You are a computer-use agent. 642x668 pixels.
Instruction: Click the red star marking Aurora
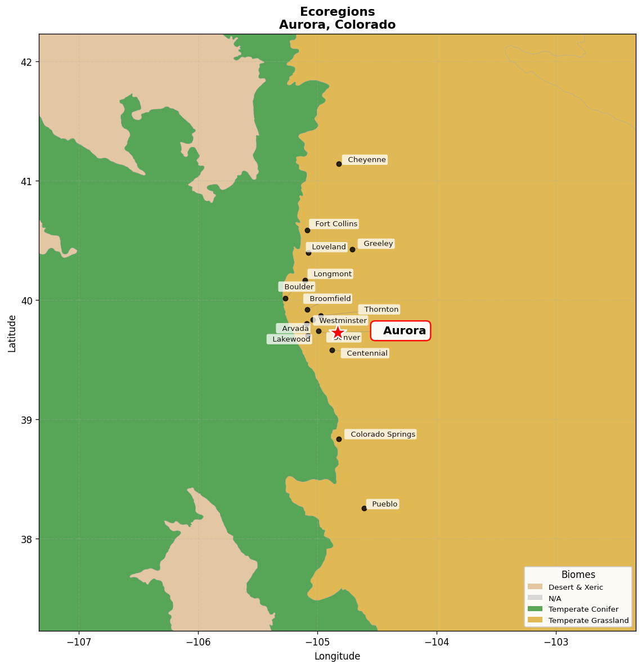pyautogui.click(x=337, y=333)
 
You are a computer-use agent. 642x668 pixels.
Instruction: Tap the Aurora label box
pyautogui.click(x=401, y=331)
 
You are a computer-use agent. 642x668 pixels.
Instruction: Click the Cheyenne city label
pyautogui.click(x=365, y=160)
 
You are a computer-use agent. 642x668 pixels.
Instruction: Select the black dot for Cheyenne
pyautogui.click(x=339, y=164)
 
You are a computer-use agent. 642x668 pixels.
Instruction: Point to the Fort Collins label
pyautogui.click(x=334, y=224)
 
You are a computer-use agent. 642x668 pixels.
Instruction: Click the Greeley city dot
pyautogui.click(x=352, y=249)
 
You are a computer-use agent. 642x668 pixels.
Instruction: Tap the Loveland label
pyautogui.click(x=327, y=247)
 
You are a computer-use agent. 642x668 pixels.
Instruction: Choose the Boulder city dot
pyautogui.click(x=285, y=298)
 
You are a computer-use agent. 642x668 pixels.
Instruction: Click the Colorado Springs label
pyautogui.click(x=381, y=434)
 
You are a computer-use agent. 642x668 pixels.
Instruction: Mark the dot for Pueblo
pyautogui.click(x=364, y=508)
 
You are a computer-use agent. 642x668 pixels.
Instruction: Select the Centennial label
pyautogui.click(x=365, y=353)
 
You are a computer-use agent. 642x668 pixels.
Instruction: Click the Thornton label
pyautogui.click(x=380, y=310)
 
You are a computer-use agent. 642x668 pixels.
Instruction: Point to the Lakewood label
pyautogui.click(x=290, y=339)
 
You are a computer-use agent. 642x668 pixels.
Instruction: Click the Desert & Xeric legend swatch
pyautogui.click(x=535, y=587)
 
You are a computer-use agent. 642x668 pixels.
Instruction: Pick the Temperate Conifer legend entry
pyautogui.click(x=583, y=609)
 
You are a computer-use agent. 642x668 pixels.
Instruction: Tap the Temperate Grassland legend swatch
pyautogui.click(x=535, y=620)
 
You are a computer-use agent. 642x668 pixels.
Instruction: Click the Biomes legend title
pyautogui.click(x=578, y=575)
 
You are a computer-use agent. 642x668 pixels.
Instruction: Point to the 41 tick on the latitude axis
pyautogui.click(x=28, y=181)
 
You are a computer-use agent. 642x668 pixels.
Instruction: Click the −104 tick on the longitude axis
pyautogui.click(x=437, y=642)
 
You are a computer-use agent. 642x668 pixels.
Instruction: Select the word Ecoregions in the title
pyautogui.click(x=337, y=12)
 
